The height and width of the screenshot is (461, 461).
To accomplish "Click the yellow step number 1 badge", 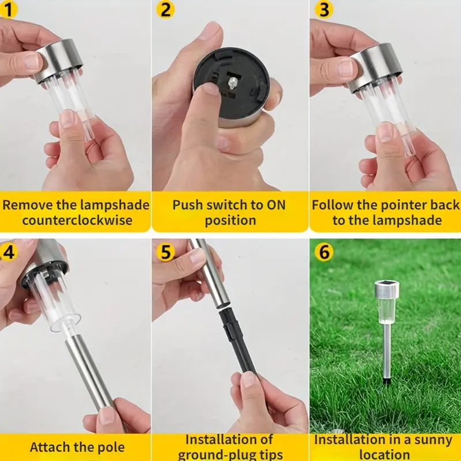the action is (x=8, y=9).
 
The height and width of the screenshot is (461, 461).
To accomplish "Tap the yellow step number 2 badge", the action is (x=165, y=9).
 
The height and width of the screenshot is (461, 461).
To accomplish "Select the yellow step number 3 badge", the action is (x=324, y=9).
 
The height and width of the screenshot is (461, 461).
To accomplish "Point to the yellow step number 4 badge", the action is (x=9, y=252).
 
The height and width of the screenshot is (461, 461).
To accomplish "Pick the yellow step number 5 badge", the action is (x=165, y=252).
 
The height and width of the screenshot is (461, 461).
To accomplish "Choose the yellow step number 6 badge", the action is (x=324, y=252).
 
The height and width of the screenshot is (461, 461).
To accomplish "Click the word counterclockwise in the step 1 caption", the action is (x=77, y=221).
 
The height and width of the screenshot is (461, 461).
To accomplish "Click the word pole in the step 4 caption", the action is (x=110, y=447).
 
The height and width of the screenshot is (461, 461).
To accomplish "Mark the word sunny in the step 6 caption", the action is (x=433, y=441).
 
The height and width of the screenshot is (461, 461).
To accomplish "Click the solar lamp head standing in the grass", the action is (x=387, y=303).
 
